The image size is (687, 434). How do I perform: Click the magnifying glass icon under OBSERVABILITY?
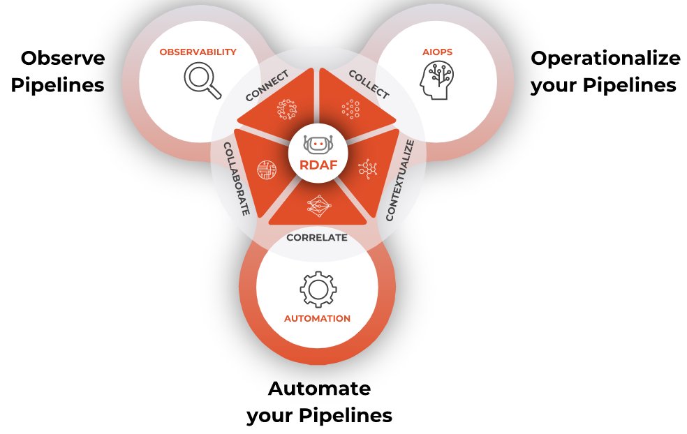[202, 80]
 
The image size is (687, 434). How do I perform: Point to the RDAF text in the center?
[318, 165]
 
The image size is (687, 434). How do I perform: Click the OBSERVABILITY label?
[198, 52]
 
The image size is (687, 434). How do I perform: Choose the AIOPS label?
[438, 52]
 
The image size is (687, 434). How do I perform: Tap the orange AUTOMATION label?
[317, 319]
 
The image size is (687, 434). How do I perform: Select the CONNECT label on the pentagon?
[267, 85]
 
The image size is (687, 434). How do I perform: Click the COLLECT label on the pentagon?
[369, 84]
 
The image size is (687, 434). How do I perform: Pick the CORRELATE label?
[317, 237]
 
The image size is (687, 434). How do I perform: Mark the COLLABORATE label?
[236, 179]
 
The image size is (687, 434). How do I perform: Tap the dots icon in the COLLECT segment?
[350, 109]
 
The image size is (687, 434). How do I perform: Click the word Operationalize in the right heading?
[605, 59]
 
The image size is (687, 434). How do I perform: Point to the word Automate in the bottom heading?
[319, 388]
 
